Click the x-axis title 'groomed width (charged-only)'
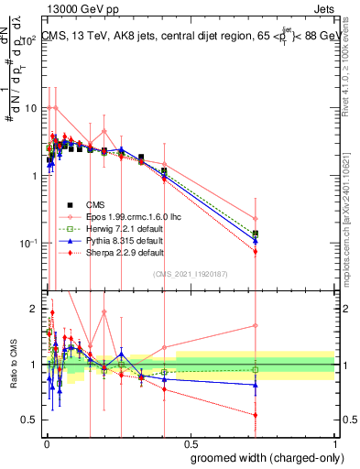click(x=263, y=457)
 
